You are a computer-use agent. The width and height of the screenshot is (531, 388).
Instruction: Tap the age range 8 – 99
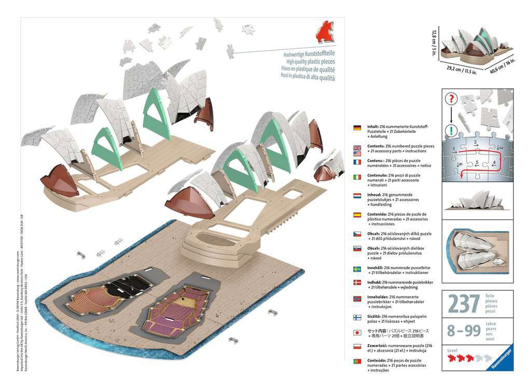pos(462,330)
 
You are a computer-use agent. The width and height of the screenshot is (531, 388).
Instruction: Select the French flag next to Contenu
pos(357,162)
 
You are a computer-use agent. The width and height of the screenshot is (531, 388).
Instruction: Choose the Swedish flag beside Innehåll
pos(357,269)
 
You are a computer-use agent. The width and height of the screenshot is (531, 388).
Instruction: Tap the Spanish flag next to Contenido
pos(357,215)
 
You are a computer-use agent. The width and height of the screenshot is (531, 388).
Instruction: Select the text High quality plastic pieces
pos(309,61)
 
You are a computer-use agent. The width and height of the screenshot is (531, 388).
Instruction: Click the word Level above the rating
pos(452,351)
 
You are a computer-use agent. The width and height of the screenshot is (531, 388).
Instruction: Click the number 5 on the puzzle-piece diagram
pos(477,162)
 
